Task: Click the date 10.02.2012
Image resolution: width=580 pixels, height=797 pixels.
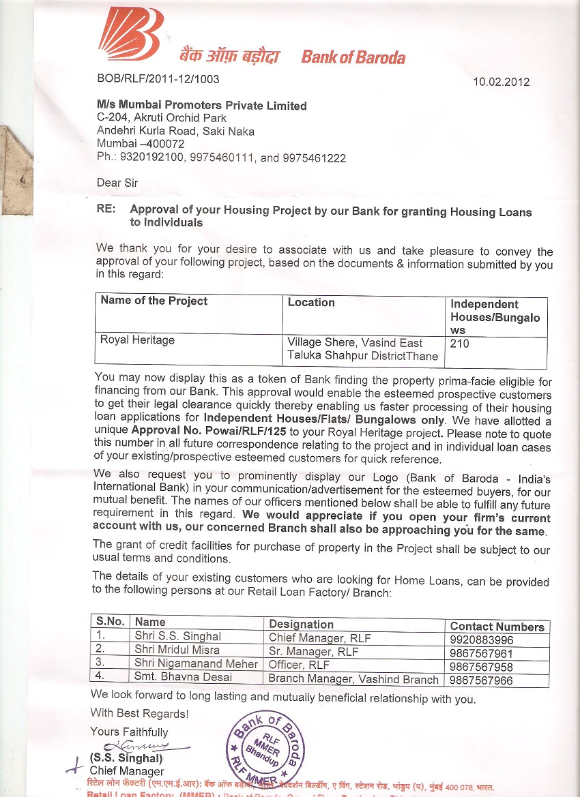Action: pyautogui.click(x=502, y=82)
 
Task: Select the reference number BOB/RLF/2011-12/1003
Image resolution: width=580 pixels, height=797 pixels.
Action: pyautogui.click(x=158, y=79)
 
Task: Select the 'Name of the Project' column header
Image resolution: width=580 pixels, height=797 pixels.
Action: pyautogui.click(x=154, y=301)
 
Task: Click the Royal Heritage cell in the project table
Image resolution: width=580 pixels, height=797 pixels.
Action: pyautogui.click(x=138, y=340)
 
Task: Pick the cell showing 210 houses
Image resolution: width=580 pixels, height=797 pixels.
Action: pyautogui.click(x=460, y=344)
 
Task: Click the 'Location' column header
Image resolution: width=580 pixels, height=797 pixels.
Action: pyautogui.click(x=311, y=302)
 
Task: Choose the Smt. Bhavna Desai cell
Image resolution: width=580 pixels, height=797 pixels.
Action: pyautogui.click(x=183, y=678)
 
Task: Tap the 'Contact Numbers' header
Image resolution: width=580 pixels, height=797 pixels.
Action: pyautogui.click(x=497, y=627)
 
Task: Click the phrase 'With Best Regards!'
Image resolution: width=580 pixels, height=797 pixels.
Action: pyautogui.click(x=140, y=713)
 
